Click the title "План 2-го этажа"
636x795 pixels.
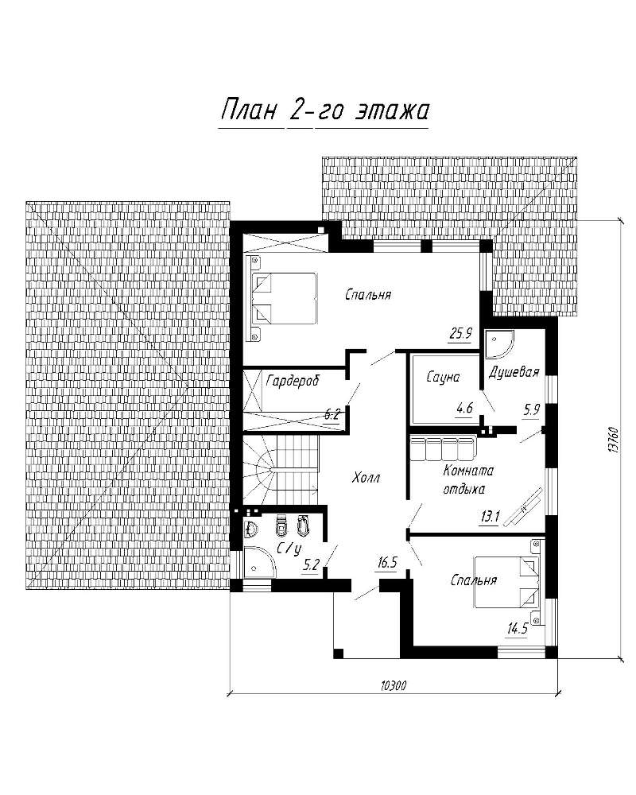coord(324,111)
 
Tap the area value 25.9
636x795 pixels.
coord(460,333)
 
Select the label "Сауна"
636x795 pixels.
coord(443,377)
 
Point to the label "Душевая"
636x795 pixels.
coord(514,373)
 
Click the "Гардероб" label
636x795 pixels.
coord(293,380)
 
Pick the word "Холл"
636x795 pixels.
coord(366,478)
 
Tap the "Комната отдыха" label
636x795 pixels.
coord(467,479)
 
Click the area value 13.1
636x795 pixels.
coord(490,517)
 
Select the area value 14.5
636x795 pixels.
coord(518,629)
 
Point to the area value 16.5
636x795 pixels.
coord(387,562)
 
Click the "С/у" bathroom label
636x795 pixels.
coord(289,549)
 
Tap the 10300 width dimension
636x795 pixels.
coord(393,685)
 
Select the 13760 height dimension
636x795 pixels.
coord(613,439)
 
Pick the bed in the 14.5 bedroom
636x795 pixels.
coord(507,582)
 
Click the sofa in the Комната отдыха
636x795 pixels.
coord(441,448)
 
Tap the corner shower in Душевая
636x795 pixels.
coord(498,345)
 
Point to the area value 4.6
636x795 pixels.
coord(464,407)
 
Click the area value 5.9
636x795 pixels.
coord(532,409)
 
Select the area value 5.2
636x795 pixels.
coord(310,564)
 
